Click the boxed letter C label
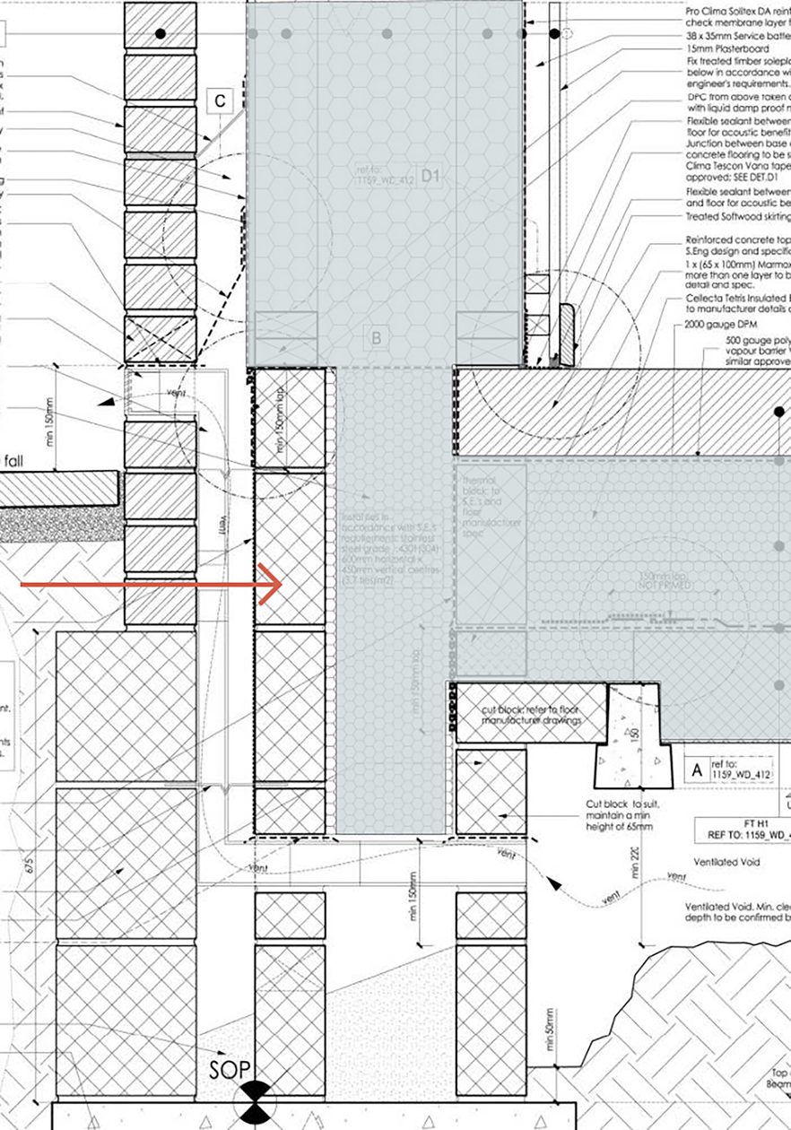(x=221, y=101)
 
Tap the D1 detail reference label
(x=431, y=177)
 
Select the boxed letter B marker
(x=377, y=339)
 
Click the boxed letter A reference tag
(x=696, y=769)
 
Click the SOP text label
(x=228, y=1070)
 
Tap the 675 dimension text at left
(x=30, y=865)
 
